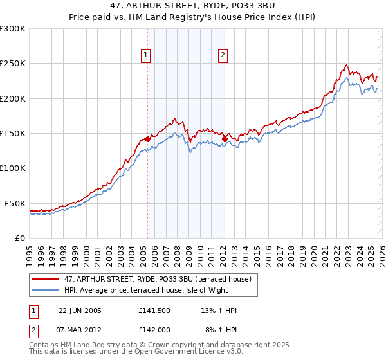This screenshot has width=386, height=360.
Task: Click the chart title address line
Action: pyautogui.click(x=192, y=6)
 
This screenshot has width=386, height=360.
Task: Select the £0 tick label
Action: pyautogui.click(x=19, y=238)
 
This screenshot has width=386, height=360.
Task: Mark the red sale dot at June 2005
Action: pyautogui.click(x=147, y=139)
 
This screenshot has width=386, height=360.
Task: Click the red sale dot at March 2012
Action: pyautogui.click(x=225, y=138)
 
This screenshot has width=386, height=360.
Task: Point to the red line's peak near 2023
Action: pyautogui.click(x=347, y=64)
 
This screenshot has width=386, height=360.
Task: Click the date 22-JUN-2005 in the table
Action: pyautogui.click(x=80, y=310)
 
